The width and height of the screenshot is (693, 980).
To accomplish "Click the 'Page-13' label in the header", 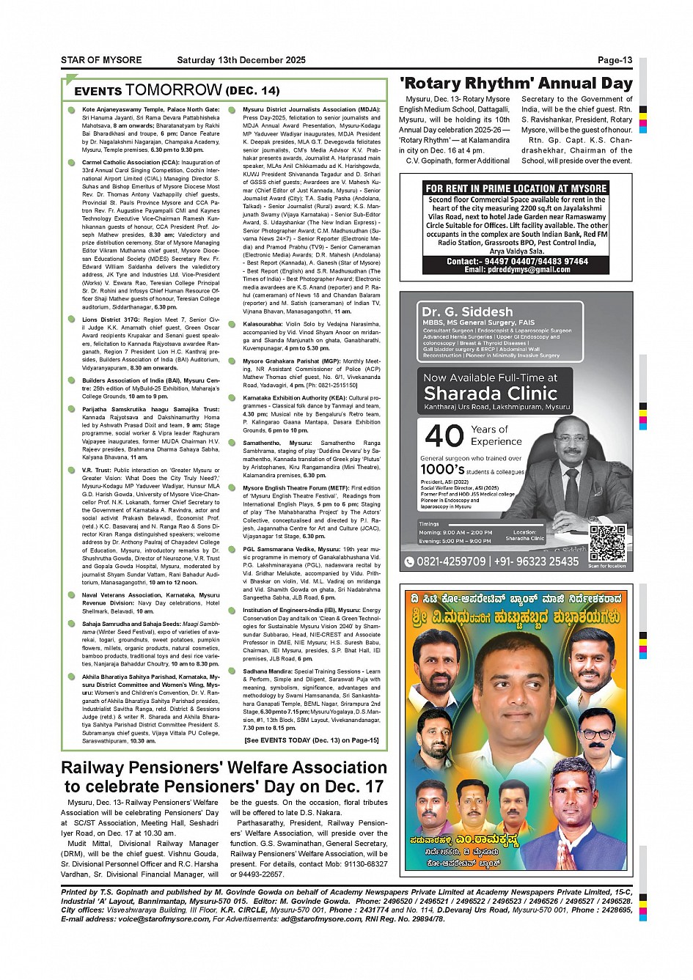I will pyautogui.click(x=615, y=60).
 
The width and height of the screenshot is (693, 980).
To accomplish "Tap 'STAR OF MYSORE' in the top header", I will pyautogui.click(x=101, y=60).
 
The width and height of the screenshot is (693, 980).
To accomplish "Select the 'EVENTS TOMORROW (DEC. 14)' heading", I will pyautogui.click(x=177, y=90).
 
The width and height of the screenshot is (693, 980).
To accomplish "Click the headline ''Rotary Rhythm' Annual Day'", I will pyautogui.click(x=516, y=84).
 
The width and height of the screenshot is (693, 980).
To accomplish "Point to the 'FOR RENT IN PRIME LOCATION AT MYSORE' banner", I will pyautogui.click(x=516, y=188).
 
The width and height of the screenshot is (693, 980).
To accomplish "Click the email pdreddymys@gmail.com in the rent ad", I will pyautogui.click(x=517, y=269).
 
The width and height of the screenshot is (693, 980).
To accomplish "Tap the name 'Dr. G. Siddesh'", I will pyautogui.click(x=467, y=312).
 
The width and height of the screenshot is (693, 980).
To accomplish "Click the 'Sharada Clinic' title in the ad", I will pyautogui.click(x=491, y=393).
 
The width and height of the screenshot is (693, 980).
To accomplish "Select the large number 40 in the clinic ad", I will pyautogui.click(x=444, y=436).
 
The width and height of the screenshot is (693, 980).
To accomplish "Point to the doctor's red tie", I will pyautogui.click(x=570, y=484).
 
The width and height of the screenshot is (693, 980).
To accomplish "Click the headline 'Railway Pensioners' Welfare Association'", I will pyautogui.click(x=224, y=767).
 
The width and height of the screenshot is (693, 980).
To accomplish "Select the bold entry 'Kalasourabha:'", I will pyautogui.click(x=261, y=323).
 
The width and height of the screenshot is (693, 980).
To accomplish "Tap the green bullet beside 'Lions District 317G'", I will pyautogui.click(x=71, y=320).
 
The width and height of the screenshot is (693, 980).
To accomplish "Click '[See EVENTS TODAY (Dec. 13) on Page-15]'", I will pyautogui.click(x=312, y=740).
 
